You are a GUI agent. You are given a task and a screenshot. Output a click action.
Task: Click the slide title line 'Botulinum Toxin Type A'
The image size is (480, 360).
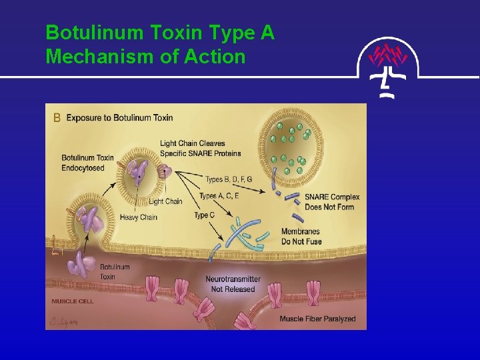point(160,33)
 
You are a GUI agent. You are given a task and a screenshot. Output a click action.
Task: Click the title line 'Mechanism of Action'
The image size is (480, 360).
point(145,57)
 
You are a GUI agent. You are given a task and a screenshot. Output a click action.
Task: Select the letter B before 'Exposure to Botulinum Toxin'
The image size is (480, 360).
point(57,118)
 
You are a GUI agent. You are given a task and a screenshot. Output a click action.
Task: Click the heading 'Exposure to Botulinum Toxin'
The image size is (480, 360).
point(119,118)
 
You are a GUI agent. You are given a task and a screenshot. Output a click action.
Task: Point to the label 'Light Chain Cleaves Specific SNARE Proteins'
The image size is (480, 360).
point(200,148)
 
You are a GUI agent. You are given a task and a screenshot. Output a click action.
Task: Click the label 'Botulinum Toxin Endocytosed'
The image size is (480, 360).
point(87,163)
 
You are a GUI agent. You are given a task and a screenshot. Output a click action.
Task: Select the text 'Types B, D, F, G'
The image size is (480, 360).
point(233,179)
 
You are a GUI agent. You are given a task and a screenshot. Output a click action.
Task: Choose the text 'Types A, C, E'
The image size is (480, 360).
point(219,196)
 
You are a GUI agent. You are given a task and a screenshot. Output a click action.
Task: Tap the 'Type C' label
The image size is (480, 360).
point(205,215)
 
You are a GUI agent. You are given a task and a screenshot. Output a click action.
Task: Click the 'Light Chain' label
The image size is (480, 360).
point(165,201)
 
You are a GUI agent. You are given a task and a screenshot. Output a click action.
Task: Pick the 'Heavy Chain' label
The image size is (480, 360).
point(139,217)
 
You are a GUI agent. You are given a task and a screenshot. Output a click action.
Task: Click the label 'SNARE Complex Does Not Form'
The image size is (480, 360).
point(331,201)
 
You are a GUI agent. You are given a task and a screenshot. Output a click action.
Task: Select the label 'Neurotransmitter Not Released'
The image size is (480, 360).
point(233,284)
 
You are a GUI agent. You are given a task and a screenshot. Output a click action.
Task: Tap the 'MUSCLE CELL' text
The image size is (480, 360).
point(72,301)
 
